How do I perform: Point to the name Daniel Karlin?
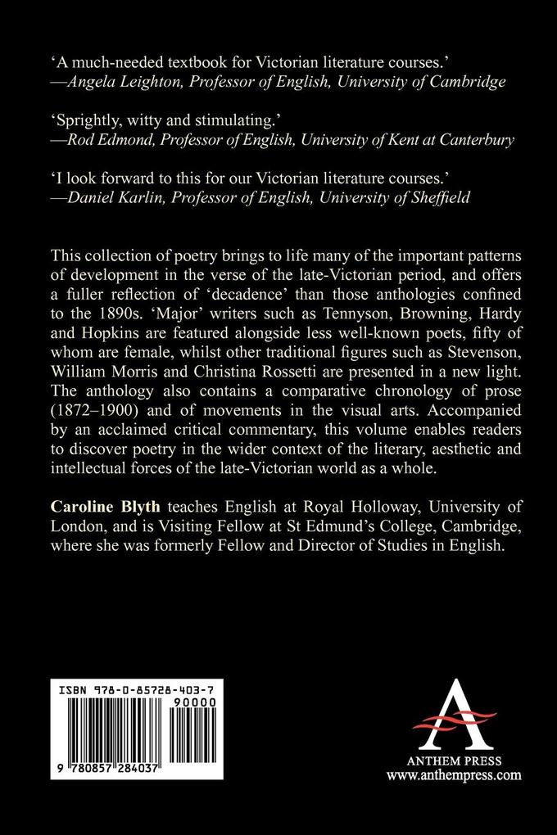[104, 199]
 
